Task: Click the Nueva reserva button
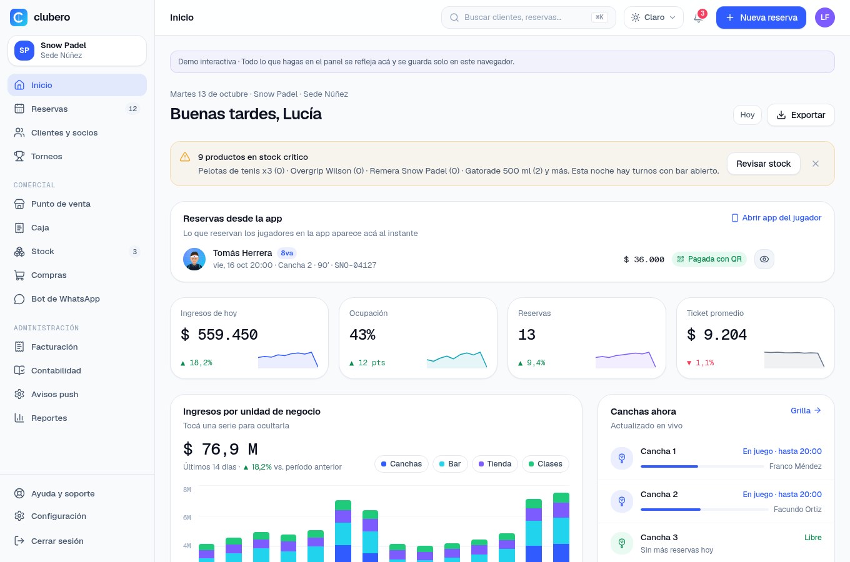click(761, 17)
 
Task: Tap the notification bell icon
click(698, 17)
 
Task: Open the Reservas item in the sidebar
click(77, 109)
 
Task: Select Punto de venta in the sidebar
click(77, 204)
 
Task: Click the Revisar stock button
click(764, 164)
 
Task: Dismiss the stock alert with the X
click(816, 164)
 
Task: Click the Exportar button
click(801, 115)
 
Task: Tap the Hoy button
click(747, 115)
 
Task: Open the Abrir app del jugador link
click(776, 218)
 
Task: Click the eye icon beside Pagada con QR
click(764, 259)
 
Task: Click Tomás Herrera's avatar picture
click(194, 259)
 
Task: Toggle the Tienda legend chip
click(495, 464)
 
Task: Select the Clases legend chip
click(545, 464)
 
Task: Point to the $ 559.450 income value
click(219, 335)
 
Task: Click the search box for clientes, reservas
click(528, 17)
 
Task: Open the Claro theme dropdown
click(654, 17)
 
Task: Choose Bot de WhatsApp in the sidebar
click(77, 299)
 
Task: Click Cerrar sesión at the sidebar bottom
click(77, 541)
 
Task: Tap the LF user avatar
click(824, 17)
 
